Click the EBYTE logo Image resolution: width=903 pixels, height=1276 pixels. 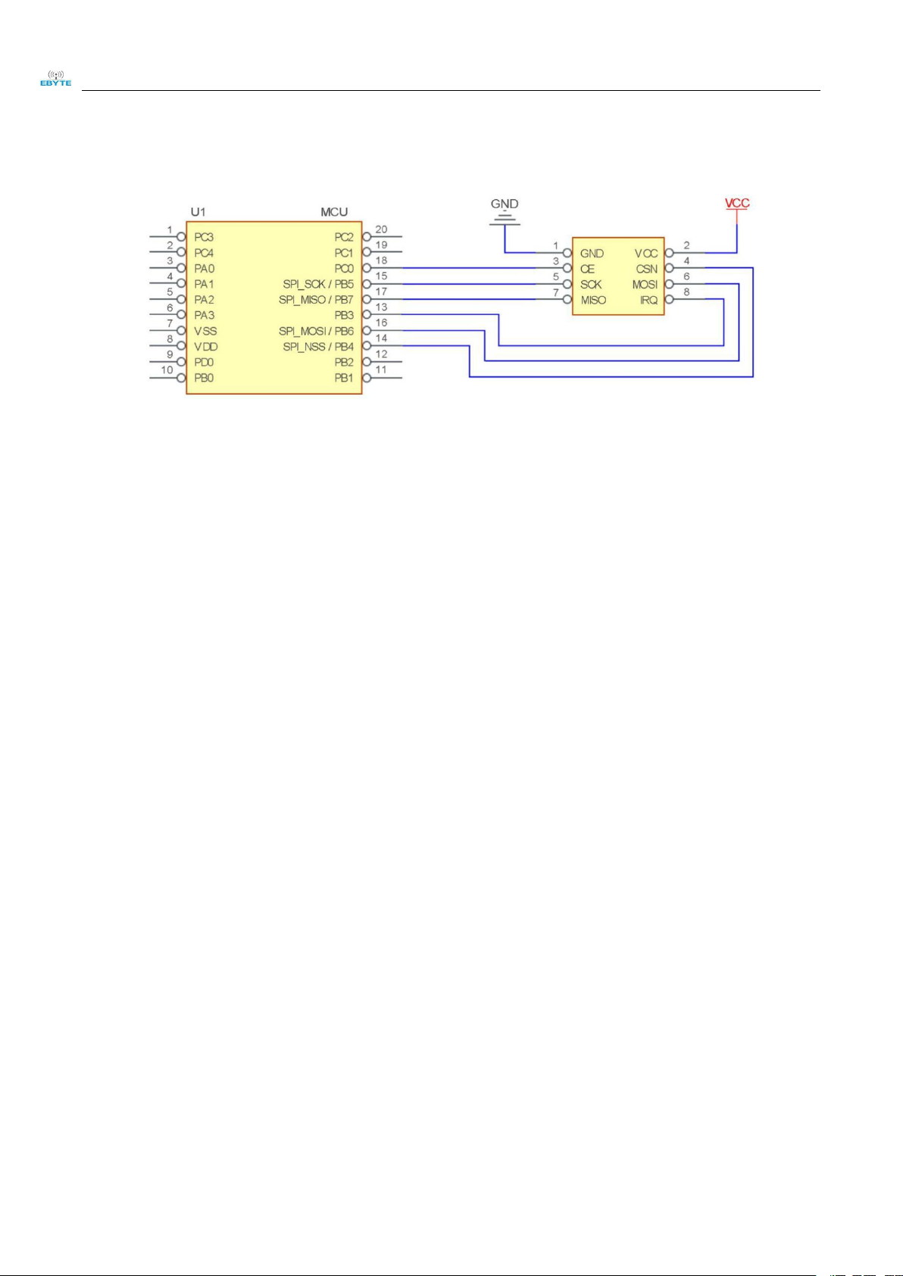(x=55, y=78)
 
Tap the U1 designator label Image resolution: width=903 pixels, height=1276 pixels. (x=198, y=212)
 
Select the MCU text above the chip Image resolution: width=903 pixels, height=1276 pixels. (x=334, y=212)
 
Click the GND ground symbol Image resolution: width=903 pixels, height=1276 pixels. (x=505, y=214)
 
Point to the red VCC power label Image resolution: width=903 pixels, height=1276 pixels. (x=737, y=203)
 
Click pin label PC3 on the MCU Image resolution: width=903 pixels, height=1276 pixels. (x=204, y=237)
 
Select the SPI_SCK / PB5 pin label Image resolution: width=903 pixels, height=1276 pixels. (x=318, y=284)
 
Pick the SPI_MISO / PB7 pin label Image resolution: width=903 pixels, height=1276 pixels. (x=316, y=300)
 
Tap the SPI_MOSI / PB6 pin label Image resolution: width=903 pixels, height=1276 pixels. (x=316, y=331)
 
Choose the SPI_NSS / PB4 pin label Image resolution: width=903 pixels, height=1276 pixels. (x=318, y=347)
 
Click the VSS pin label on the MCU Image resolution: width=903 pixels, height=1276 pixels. (x=205, y=331)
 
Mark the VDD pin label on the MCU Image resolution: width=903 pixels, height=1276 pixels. (x=205, y=347)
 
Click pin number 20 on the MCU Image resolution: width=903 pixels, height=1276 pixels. (x=381, y=229)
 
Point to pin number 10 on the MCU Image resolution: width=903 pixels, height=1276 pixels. (x=167, y=370)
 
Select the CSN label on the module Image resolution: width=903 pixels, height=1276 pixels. (x=647, y=269)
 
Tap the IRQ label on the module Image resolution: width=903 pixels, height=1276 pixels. (x=648, y=300)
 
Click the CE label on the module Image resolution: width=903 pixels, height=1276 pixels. (x=587, y=269)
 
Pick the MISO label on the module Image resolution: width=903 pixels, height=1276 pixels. (x=593, y=300)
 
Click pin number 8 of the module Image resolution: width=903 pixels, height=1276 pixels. (x=687, y=292)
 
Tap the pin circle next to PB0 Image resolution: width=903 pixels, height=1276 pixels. (x=181, y=378)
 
